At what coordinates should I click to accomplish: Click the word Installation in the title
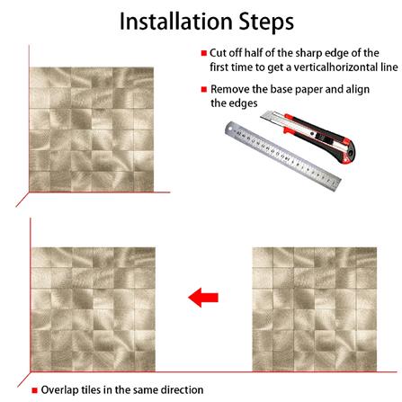(x=176, y=22)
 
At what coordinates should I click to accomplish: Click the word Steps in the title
(x=266, y=22)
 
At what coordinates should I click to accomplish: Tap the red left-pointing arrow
(x=203, y=298)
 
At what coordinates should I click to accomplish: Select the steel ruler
(x=282, y=156)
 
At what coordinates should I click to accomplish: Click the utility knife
(x=308, y=136)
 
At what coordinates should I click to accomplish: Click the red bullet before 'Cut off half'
(x=204, y=53)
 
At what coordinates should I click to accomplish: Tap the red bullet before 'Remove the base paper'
(x=204, y=89)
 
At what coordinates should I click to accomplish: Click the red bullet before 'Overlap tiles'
(x=35, y=390)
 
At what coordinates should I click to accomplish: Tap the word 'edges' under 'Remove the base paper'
(x=243, y=103)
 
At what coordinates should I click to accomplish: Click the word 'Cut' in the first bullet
(x=218, y=53)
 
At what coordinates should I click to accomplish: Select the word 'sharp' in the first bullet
(x=309, y=53)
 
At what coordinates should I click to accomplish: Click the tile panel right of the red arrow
(x=315, y=309)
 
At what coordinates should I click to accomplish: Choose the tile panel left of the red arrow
(x=94, y=309)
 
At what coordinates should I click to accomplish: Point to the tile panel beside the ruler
(x=92, y=130)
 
